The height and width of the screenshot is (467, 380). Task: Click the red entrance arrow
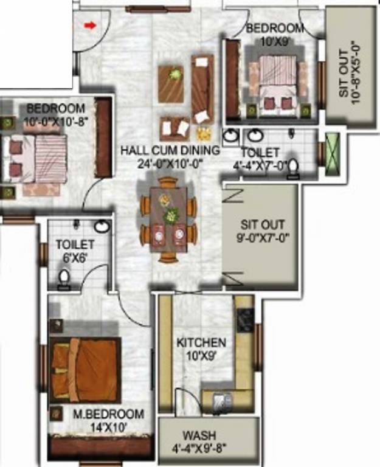[89, 26]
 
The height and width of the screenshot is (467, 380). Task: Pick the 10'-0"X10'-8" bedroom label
[56, 114]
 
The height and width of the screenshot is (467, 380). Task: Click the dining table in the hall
[169, 218]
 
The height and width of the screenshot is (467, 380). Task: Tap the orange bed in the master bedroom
[85, 370]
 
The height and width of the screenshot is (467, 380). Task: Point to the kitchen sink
[221, 401]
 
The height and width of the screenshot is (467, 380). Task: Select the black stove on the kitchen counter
[246, 320]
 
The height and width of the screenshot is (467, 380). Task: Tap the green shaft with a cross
[334, 150]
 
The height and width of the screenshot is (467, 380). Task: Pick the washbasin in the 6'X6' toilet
[102, 227]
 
